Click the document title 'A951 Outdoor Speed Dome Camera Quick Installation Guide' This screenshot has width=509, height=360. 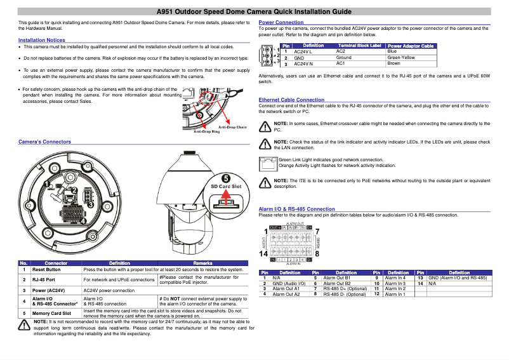pos(254,11)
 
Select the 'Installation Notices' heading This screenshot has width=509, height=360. pos(42,40)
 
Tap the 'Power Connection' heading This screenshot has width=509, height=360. pos(281,22)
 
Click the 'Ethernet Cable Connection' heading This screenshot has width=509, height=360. pos(291,100)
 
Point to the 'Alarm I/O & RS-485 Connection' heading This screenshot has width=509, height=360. pos(297,209)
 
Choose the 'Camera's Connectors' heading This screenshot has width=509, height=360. pos(44,142)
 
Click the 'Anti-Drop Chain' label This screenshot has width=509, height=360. pos(232,127)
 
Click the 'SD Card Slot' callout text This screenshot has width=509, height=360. pos(226,187)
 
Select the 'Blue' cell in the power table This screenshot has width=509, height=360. pos(392,51)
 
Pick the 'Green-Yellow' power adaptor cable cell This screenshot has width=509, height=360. pos(400,58)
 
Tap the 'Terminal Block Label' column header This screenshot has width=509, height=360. pos(359,46)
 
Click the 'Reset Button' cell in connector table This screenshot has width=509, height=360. pos(46,270)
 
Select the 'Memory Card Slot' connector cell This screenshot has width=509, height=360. pos(51,313)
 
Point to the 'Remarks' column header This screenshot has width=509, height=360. pos(202,263)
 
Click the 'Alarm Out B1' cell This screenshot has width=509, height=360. pos(337,278)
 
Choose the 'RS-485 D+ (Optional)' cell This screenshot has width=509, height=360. pos(345,289)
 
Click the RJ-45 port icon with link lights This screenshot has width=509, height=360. pos(268,162)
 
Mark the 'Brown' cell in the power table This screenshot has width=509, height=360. pos(393,63)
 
